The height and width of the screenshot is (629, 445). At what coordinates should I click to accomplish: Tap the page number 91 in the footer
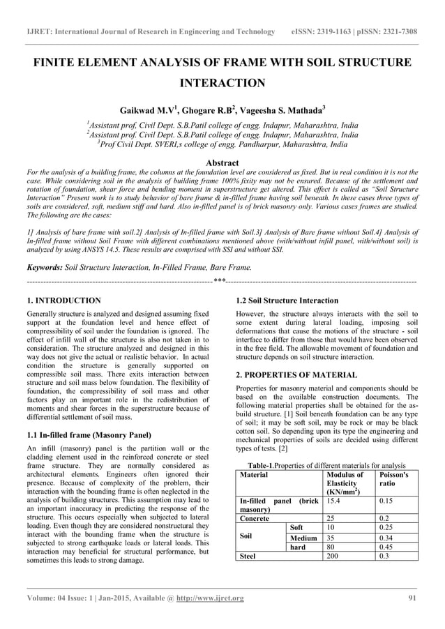[x=412, y=598]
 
